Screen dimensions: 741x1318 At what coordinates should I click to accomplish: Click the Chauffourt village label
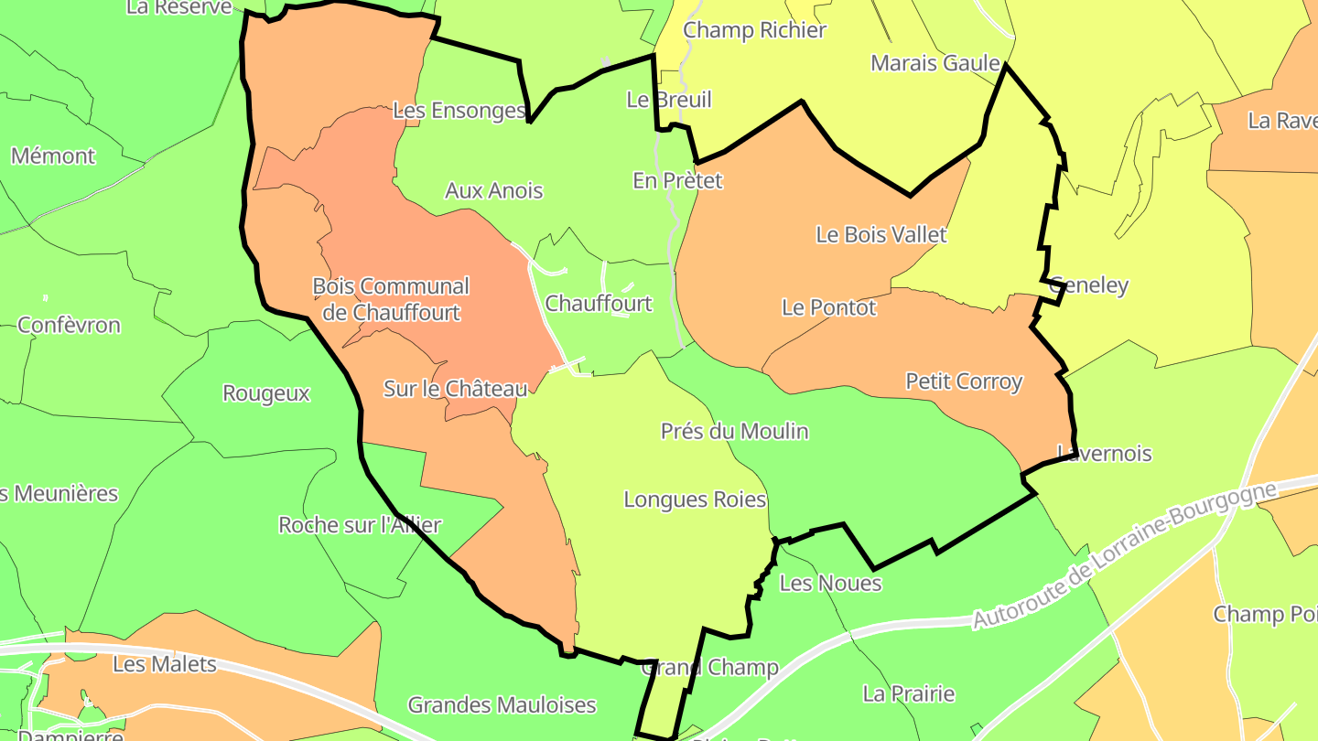click(x=599, y=304)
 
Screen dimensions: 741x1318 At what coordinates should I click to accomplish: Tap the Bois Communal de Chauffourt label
click(x=391, y=299)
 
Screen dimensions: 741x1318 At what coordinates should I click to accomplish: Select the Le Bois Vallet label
click(x=880, y=235)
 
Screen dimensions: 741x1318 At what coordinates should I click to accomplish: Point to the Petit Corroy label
click(x=964, y=381)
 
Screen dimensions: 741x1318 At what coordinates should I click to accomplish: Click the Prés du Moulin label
click(x=735, y=431)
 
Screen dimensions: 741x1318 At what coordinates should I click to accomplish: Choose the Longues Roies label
click(x=695, y=499)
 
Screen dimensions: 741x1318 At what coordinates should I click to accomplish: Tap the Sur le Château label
click(x=455, y=389)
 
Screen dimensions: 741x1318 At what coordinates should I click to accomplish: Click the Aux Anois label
click(x=493, y=191)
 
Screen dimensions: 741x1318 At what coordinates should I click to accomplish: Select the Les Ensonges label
click(x=459, y=111)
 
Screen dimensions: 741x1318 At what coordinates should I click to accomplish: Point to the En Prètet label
click(x=677, y=181)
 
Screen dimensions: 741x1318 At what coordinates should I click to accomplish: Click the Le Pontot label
click(x=828, y=307)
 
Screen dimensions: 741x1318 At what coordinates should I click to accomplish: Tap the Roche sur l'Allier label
click(x=360, y=525)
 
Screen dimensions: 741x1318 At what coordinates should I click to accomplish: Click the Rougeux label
click(x=266, y=393)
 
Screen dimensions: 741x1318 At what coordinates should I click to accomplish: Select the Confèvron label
click(x=69, y=326)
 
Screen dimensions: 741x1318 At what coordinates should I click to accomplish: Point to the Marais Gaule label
click(x=934, y=63)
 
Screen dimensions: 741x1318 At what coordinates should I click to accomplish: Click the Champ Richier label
click(x=754, y=30)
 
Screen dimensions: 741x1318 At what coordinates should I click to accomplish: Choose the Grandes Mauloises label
click(x=502, y=705)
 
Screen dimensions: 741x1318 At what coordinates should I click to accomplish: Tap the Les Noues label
click(x=830, y=584)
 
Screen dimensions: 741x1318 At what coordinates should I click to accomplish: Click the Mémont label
click(x=53, y=156)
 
